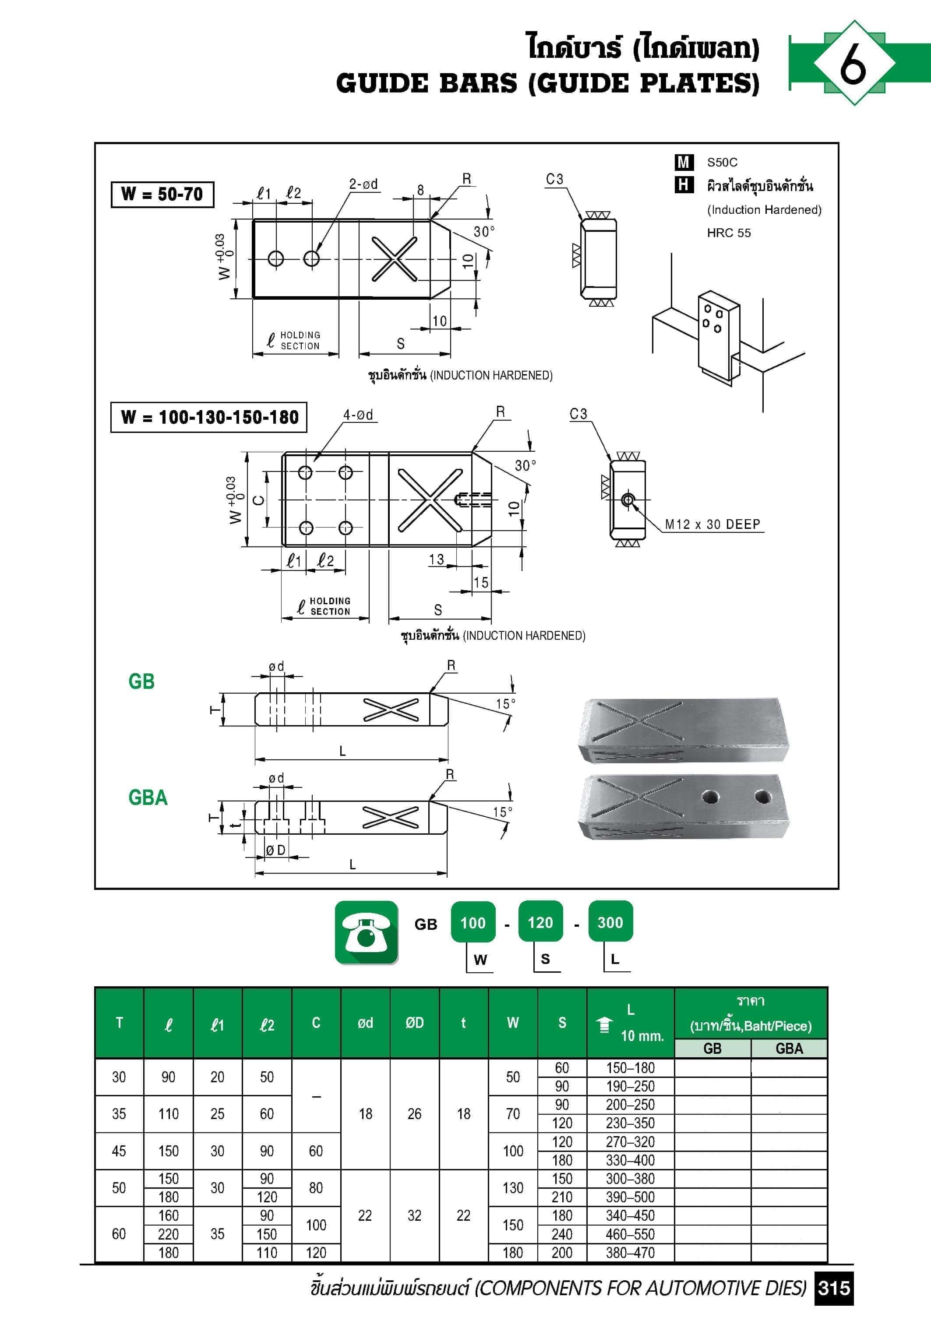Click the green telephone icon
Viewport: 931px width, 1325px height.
click(366, 932)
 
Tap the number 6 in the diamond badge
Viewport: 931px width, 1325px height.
click(853, 63)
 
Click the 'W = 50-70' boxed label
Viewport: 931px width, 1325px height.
click(162, 194)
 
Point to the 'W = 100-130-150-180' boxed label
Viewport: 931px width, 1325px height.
click(209, 417)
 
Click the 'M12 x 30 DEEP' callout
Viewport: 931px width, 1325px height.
click(712, 524)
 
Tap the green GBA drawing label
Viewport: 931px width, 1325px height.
click(148, 797)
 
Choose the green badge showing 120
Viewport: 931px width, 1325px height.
click(540, 922)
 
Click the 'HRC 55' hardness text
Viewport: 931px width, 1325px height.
click(729, 233)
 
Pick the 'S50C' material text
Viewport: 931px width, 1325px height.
click(722, 163)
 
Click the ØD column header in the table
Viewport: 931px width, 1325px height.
click(414, 1023)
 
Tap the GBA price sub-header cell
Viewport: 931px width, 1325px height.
click(789, 1049)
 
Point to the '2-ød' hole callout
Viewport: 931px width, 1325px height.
click(363, 184)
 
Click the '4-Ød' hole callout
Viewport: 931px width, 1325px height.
click(358, 415)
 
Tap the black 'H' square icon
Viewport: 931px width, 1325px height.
click(684, 185)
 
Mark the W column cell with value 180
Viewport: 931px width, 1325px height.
click(512, 1253)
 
